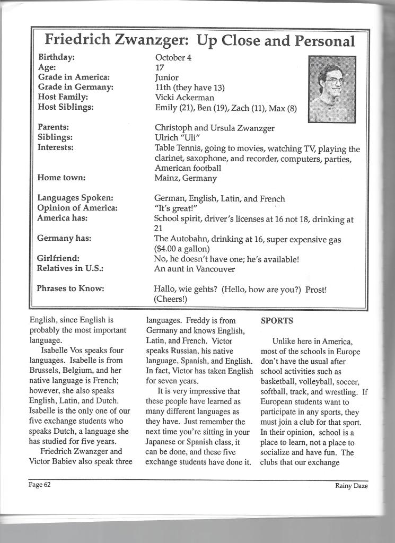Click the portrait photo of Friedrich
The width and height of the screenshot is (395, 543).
[x=332, y=89]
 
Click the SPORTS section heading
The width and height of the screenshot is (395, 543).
[x=277, y=321]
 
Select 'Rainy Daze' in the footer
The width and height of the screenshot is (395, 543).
[x=351, y=485]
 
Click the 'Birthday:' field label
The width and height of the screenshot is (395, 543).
[x=56, y=57]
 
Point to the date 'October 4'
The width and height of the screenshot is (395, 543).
[x=173, y=57]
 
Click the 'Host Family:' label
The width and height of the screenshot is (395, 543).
[x=63, y=97]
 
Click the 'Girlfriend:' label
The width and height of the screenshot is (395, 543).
[x=58, y=258]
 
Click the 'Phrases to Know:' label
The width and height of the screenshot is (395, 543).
[x=71, y=288]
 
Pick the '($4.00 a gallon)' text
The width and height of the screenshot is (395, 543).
[x=182, y=249]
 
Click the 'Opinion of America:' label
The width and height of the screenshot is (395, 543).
[x=77, y=208]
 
